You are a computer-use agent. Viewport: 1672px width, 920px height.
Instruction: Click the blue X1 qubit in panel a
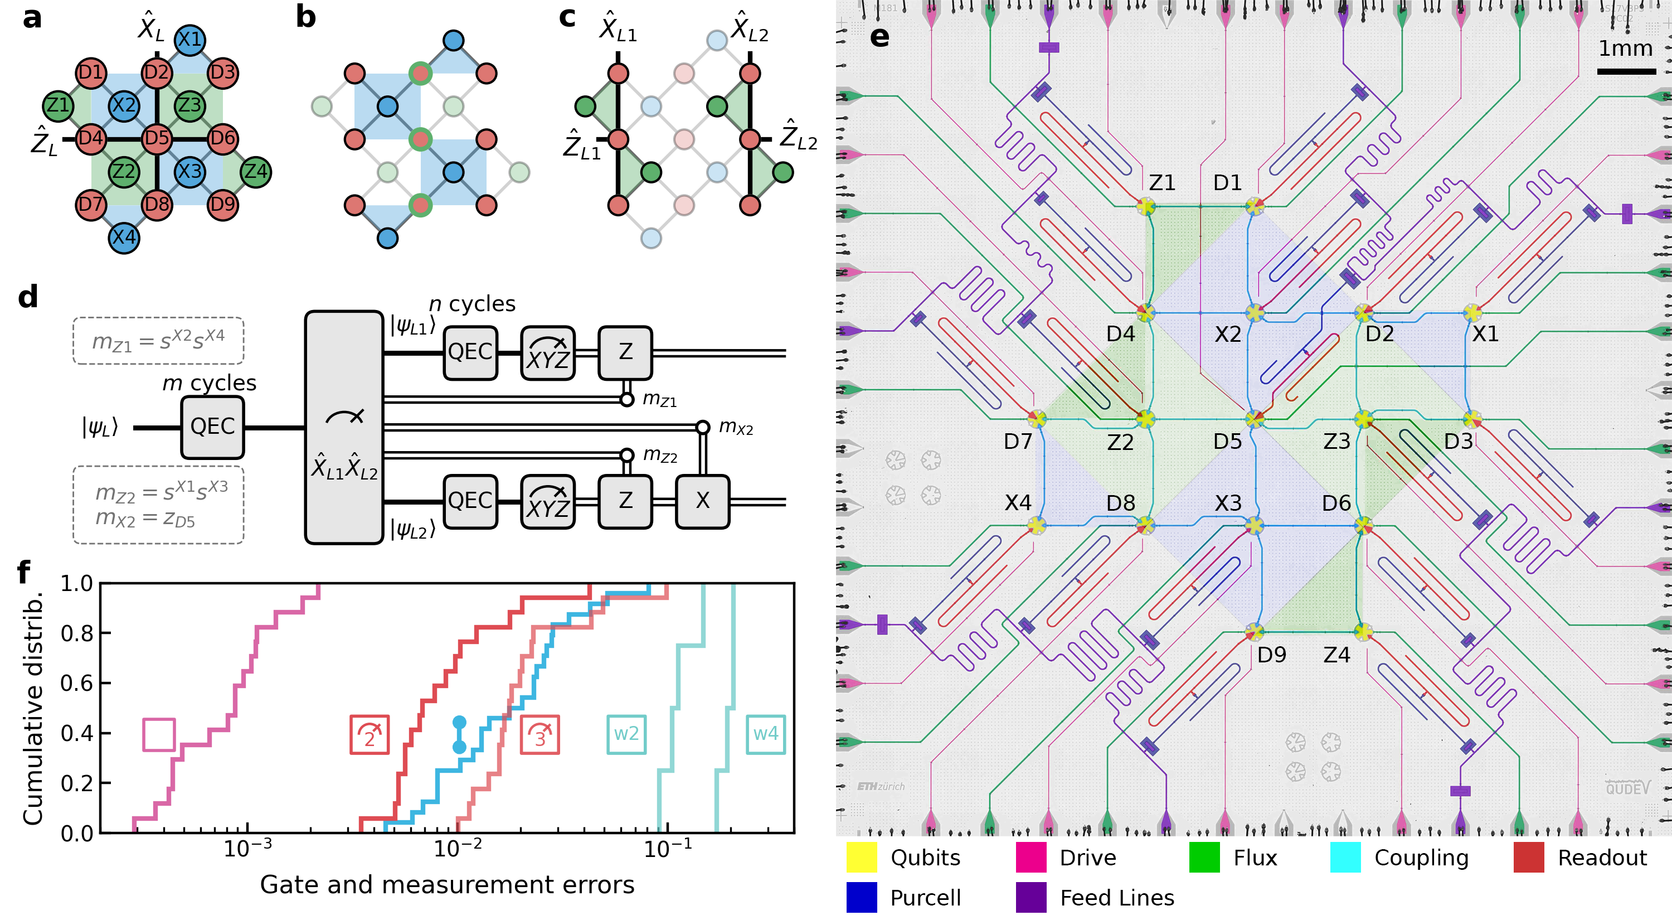[189, 40]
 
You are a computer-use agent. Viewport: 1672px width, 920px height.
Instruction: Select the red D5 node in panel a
[157, 138]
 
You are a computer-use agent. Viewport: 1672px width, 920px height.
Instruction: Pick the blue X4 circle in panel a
[123, 237]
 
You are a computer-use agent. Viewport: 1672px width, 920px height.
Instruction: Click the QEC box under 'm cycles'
[212, 427]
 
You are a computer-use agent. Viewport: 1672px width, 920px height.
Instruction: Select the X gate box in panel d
[702, 501]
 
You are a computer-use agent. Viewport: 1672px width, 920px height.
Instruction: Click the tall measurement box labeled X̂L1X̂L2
[344, 427]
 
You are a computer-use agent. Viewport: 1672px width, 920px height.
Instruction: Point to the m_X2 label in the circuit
[736, 427]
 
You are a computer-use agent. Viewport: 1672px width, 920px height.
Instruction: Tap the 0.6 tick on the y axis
[76, 683]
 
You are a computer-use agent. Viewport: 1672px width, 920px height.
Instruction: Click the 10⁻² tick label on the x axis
[458, 848]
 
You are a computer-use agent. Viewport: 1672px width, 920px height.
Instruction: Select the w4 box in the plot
[765, 734]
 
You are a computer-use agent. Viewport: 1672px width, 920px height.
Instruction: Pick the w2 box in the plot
[626, 734]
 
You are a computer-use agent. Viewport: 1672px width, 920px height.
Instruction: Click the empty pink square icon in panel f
[159, 735]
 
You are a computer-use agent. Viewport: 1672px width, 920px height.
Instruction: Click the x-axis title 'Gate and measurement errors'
[447, 884]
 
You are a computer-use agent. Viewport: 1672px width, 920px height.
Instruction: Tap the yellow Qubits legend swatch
[861, 857]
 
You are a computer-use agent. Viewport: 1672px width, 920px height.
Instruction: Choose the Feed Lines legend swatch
[1031, 897]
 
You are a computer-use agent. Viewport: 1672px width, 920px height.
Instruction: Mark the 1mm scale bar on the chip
[1626, 71]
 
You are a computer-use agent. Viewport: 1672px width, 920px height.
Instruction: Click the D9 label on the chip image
[1271, 655]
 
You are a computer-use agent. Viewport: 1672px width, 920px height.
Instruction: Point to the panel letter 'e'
[879, 36]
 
